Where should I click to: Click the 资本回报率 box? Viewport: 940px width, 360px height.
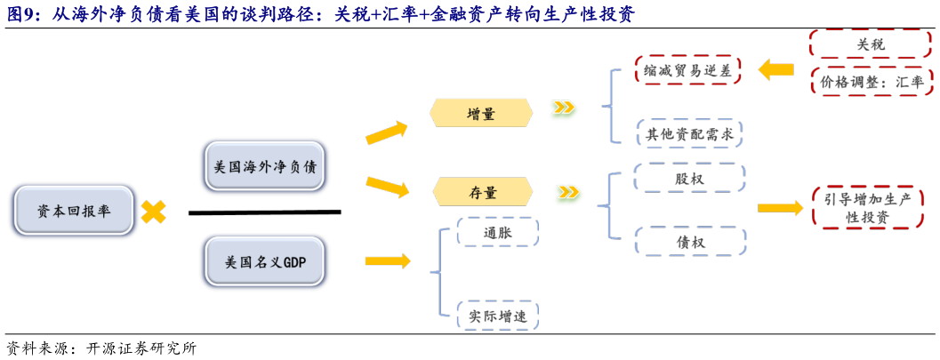click(74, 212)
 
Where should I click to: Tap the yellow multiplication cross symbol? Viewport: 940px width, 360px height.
click(153, 212)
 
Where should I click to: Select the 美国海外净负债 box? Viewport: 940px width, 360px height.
click(265, 165)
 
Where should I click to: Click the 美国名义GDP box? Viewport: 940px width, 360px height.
click(265, 262)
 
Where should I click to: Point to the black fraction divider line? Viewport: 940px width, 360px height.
click(264, 212)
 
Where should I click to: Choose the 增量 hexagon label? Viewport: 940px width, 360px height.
click(481, 112)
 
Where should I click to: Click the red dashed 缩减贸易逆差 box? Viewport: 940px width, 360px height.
click(688, 70)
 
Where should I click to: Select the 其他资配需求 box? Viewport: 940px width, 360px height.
click(688, 133)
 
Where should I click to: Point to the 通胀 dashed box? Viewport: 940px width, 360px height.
click(497, 232)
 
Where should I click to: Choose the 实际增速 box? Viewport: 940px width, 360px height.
click(497, 315)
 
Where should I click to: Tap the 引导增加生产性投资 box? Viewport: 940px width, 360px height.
click(866, 208)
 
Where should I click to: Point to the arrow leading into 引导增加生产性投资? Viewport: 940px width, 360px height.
click(780, 208)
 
